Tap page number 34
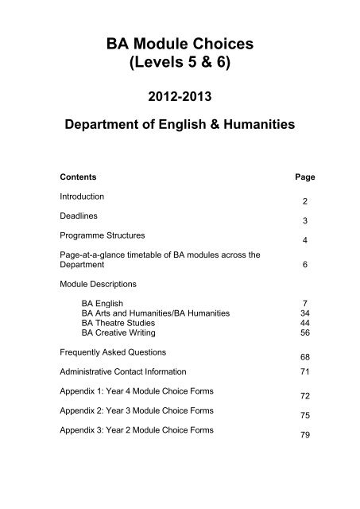(284, 313)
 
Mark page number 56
(284, 334)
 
